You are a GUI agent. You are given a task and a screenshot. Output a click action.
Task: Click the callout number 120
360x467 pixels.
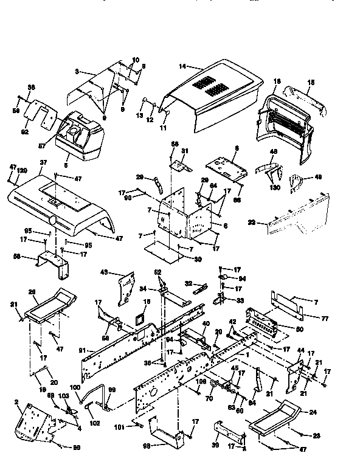pyautogui.click(x=23, y=171)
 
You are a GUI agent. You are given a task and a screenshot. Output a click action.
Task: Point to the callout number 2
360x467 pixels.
pyautogui.click(x=16, y=402)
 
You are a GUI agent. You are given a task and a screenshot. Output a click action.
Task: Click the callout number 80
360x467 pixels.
pyautogui.click(x=299, y=330)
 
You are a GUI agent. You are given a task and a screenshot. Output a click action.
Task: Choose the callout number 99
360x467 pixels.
pyautogui.click(x=111, y=390)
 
